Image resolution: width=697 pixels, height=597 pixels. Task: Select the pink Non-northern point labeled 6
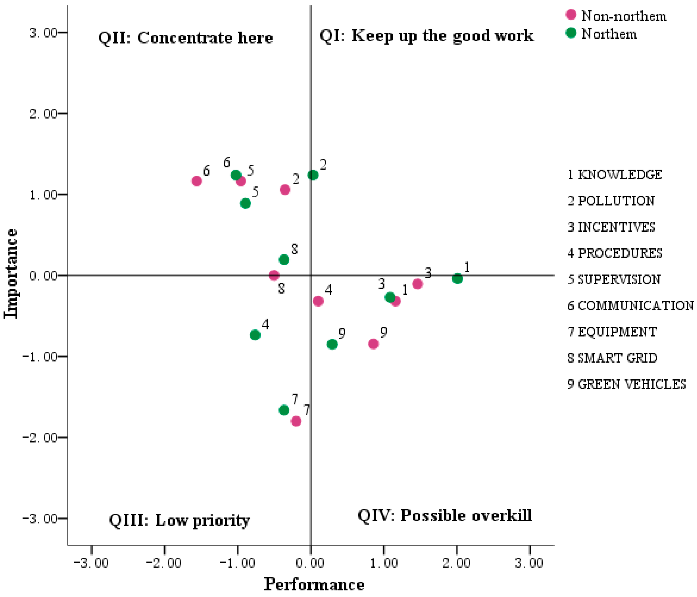pyautogui.click(x=196, y=181)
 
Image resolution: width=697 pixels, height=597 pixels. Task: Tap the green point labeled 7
pyautogui.click(x=284, y=410)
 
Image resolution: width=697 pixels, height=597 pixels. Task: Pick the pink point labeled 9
pyautogui.click(x=373, y=344)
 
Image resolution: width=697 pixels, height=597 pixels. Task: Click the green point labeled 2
pyautogui.click(x=313, y=175)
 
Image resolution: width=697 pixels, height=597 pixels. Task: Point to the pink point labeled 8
pyautogui.click(x=274, y=275)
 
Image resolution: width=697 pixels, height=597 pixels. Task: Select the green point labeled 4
pyautogui.click(x=255, y=335)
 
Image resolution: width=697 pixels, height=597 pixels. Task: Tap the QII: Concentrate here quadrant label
pyautogui.click(x=185, y=38)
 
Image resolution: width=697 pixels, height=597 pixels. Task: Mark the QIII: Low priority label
pyautogui.click(x=179, y=520)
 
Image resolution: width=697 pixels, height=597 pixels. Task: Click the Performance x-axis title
pyautogui.click(x=314, y=584)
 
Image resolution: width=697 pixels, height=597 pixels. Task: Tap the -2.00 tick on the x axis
pyautogui.click(x=164, y=563)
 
